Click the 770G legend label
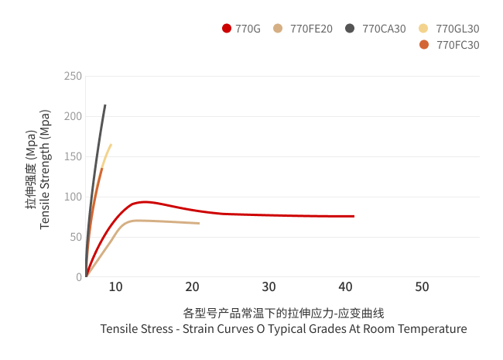248,29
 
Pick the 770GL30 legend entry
457,29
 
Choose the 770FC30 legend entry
457,45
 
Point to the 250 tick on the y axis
73,76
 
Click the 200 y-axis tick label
73,116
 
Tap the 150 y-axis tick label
73,156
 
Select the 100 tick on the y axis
73,197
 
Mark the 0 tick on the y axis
78,277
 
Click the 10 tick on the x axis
115,287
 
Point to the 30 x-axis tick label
269,287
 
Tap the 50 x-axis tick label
422,287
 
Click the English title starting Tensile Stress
283,329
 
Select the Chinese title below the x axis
283,313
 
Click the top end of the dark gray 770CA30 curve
105,105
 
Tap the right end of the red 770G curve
354,216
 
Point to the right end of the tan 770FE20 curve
199,223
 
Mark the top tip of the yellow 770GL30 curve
111,145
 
